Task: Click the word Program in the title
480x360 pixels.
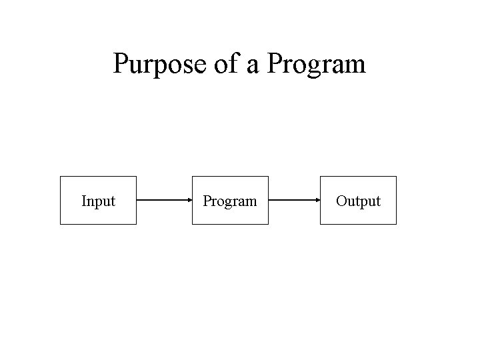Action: pos(316,65)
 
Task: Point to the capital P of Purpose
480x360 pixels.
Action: pos(121,64)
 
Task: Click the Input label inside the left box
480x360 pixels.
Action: pos(98,201)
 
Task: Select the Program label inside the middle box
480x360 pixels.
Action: pos(230,201)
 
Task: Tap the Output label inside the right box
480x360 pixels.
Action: pos(358,201)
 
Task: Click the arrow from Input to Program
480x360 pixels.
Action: pos(164,199)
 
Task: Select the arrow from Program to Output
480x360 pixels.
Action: pos(294,199)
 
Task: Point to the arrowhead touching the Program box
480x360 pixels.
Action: pos(189,199)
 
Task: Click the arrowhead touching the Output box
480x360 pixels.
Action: pos(317,199)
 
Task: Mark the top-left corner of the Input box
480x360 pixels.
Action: pos(61,177)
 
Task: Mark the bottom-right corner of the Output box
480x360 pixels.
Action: pos(396,224)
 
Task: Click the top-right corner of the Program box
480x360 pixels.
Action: pos(268,177)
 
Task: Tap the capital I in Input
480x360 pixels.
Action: pos(83,201)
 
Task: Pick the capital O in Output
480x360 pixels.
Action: pos(341,201)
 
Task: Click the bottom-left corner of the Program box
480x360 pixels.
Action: pos(193,224)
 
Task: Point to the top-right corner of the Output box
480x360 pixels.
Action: pos(396,177)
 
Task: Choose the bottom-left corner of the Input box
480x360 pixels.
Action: pos(61,224)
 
